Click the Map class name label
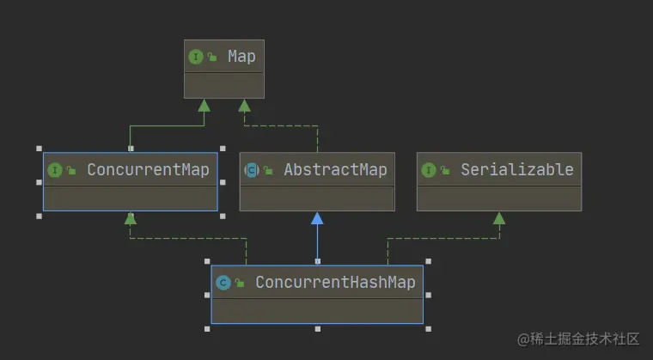[241, 57]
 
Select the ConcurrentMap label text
[148, 169]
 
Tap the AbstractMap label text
[335, 169]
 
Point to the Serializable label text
[516, 169]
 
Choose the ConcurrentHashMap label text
[335, 282]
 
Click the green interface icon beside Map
[196, 57]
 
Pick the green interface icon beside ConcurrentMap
[55, 170]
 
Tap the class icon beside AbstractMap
[252, 170]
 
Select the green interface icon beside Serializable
[429, 170]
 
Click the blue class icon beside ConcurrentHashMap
[223, 283]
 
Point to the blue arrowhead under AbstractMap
[317, 217]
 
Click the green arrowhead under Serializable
[498, 217]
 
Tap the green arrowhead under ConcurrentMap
[130, 217]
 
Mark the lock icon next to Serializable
[445, 171]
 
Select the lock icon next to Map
[211, 58]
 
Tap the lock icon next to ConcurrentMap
[71, 171]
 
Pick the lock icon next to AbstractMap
[268, 171]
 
